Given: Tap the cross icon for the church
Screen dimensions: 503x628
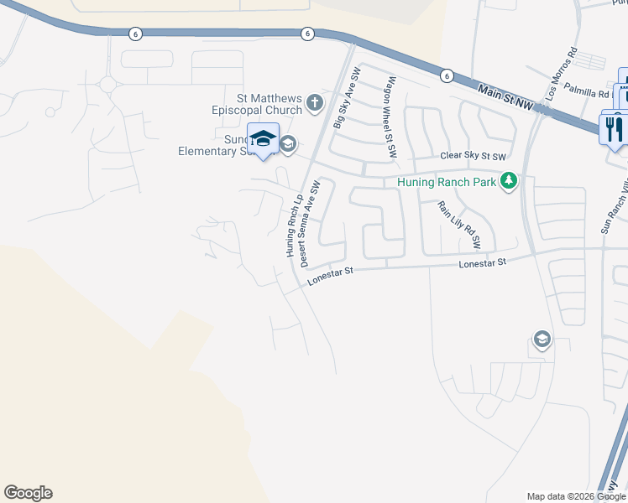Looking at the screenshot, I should point(315,103).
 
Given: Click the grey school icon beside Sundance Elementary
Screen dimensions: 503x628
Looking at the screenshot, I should point(288,145).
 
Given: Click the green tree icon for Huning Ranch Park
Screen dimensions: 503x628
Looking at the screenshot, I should point(508,180).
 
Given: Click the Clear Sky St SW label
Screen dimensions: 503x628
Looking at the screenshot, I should point(474,157).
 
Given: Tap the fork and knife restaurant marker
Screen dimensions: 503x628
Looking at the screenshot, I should point(613,127).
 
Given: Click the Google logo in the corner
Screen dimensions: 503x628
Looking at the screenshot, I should point(28,493).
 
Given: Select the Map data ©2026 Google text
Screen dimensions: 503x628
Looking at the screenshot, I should point(576,496).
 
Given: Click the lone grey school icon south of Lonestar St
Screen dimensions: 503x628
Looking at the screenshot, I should point(542,340).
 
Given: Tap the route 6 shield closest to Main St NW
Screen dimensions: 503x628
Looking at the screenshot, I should point(446,75).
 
